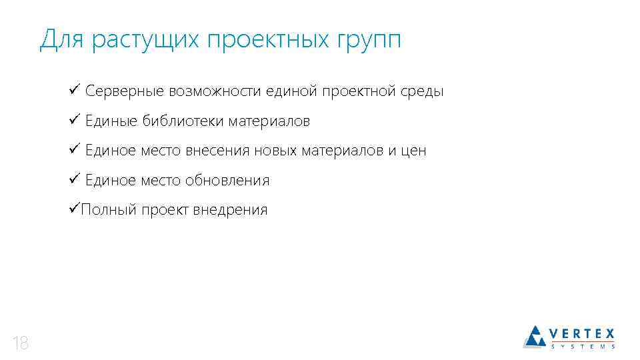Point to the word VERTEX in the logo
pos(582,333)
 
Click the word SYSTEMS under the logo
pos(582,346)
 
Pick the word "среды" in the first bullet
pos(421,91)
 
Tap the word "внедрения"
pos(230,211)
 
